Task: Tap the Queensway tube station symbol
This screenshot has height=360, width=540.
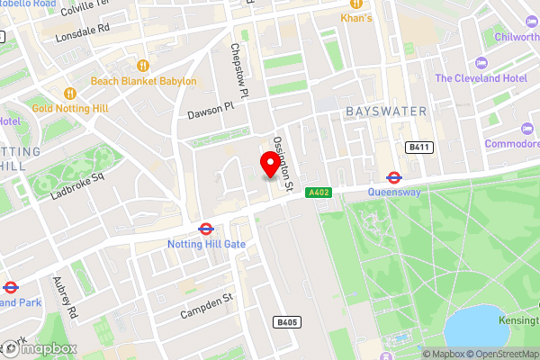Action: click(394, 177)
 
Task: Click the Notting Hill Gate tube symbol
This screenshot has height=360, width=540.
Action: click(205, 229)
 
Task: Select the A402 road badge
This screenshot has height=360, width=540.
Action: click(319, 192)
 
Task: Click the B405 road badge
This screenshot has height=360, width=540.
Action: click(285, 321)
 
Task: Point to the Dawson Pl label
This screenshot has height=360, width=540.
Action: click(210, 111)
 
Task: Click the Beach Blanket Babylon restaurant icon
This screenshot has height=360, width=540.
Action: click(142, 65)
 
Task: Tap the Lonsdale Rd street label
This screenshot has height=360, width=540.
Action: click(83, 28)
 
